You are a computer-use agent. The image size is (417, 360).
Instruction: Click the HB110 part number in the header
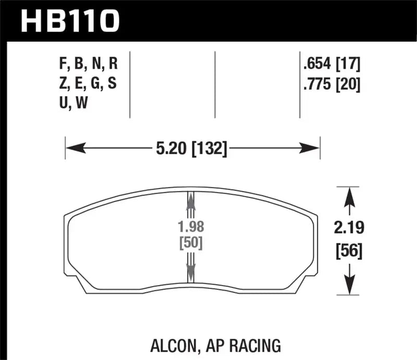(x=70, y=21)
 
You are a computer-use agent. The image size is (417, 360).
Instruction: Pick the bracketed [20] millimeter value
(x=348, y=83)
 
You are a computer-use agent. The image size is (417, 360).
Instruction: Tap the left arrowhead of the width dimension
(x=73, y=149)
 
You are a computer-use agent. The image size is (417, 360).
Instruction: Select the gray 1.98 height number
(x=190, y=227)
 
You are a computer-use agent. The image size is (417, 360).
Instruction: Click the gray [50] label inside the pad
(x=190, y=242)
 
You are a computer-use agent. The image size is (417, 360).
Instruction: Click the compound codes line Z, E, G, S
(x=89, y=83)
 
